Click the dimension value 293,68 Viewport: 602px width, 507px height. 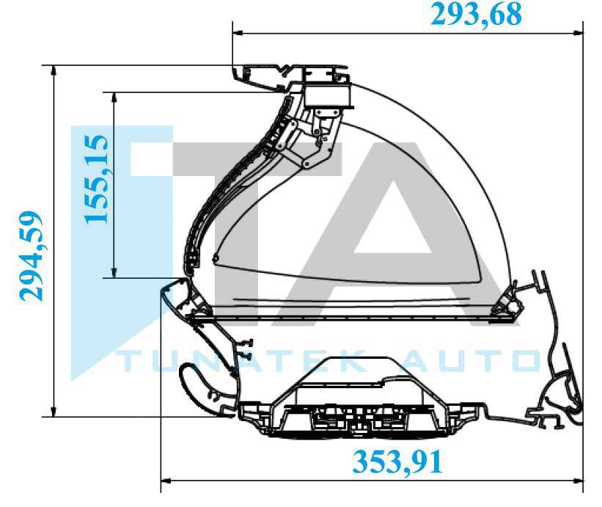[x=476, y=15]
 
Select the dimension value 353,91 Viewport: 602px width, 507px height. [x=397, y=462]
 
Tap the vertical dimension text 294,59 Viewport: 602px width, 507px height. [x=31, y=257]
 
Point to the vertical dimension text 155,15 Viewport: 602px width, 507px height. [x=96, y=179]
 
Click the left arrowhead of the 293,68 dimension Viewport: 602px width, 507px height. [x=238, y=34]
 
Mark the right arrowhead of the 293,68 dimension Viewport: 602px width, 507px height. [x=578, y=34]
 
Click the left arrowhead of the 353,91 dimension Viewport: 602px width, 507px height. [x=166, y=480]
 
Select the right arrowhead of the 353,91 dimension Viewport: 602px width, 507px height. [x=578, y=480]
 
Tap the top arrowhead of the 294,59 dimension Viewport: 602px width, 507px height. [x=54, y=71]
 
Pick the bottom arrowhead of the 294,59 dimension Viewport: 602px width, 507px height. [x=54, y=411]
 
